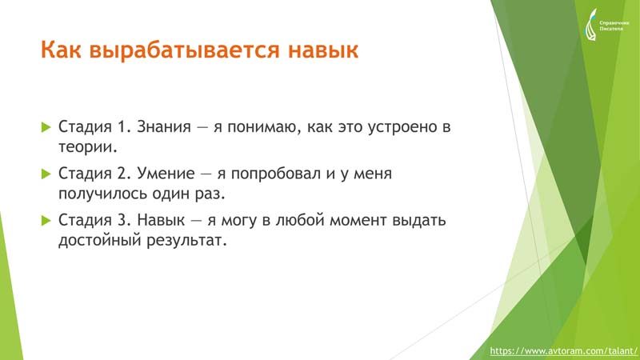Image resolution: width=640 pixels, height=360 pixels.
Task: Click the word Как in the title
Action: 61,50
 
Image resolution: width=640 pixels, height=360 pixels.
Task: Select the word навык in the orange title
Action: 323,50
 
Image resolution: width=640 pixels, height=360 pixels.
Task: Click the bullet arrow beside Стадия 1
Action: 46,127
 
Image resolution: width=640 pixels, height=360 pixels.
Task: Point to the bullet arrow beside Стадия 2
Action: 46,174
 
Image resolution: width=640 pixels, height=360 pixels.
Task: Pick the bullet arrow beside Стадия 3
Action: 46,221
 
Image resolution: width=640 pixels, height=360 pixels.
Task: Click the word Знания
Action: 164,126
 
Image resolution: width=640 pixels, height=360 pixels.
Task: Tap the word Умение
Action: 166,174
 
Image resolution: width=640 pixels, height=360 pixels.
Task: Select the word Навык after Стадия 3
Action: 161,220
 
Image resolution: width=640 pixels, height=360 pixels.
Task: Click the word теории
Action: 88,147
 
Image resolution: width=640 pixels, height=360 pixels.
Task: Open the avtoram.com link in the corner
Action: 564,351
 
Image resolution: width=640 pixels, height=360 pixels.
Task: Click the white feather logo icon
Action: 591,25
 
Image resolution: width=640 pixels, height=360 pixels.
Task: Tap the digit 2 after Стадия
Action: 122,174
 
